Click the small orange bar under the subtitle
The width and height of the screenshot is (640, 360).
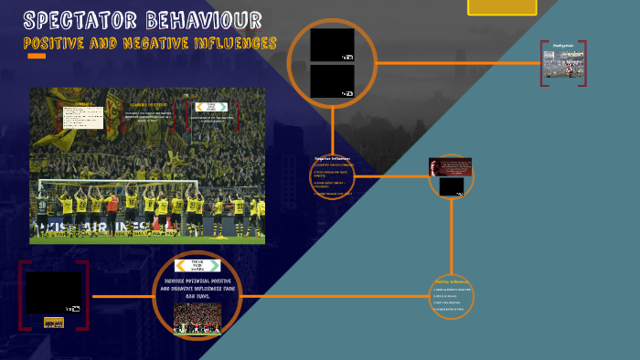(x=37, y=56)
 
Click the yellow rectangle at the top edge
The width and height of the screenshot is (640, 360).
(x=502, y=6)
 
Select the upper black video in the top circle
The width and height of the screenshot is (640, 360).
(x=332, y=45)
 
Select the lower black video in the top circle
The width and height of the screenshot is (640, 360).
(x=332, y=81)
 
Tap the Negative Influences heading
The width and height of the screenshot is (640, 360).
(x=332, y=159)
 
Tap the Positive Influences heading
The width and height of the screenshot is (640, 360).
(x=452, y=281)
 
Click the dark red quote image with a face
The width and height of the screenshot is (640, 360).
(x=450, y=166)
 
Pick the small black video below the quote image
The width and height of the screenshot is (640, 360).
(x=452, y=186)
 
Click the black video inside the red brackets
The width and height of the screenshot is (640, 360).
(x=53, y=292)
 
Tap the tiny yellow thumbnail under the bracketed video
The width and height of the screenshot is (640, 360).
(x=54, y=323)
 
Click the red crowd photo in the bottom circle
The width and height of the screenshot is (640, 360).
(x=197, y=318)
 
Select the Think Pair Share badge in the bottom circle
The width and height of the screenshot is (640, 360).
(x=197, y=265)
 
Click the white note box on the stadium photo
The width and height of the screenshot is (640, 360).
(x=81, y=116)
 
